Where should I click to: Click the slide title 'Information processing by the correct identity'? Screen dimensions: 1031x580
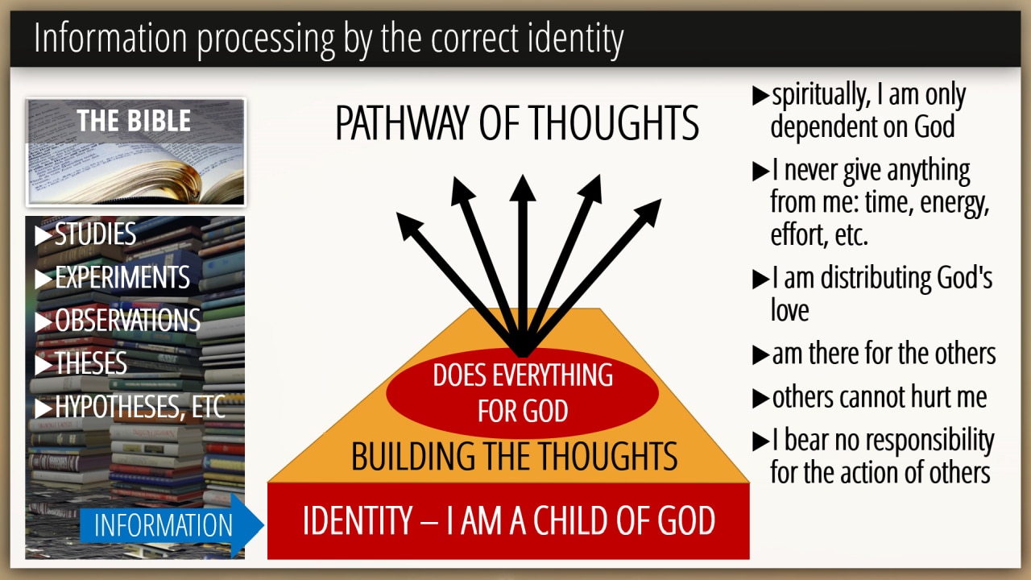coord(329,39)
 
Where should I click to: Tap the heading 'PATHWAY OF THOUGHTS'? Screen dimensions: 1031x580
coord(517,123)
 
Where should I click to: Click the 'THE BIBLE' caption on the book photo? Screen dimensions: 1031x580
coord(134,121)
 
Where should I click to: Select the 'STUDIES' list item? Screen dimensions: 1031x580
coord(85,234)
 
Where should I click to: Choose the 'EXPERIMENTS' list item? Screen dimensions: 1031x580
coord(112,277)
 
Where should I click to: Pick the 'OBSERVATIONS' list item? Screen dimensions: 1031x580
coord(118,320)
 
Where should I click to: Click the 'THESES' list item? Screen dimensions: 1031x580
coord(81,363)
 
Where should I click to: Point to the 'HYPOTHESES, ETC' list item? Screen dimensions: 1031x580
coord(130,407)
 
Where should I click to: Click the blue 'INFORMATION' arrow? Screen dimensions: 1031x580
coord(172,524)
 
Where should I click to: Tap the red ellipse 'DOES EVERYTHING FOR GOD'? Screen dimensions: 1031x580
coord(523,392)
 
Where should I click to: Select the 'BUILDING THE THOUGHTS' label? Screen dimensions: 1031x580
coord(514,456)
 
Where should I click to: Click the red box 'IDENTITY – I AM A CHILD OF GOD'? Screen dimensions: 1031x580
coord(508,521)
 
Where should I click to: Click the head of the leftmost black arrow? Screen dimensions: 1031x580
coord(408,225)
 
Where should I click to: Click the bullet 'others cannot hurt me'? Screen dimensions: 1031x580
coord(870,397)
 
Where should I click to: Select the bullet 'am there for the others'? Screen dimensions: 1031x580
coord(874,354)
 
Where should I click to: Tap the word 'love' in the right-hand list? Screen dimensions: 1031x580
coord(790,311)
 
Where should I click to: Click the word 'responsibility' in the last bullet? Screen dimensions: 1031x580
coord(930,441)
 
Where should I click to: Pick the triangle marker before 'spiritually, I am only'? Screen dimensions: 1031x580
coord(760,96)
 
